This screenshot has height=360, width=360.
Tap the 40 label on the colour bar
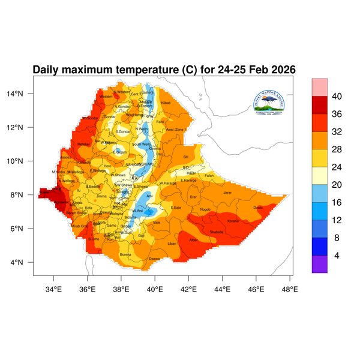coord(337,97)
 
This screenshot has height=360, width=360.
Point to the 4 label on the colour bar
coord(337,256)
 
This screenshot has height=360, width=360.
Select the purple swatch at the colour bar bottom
coord(319,265)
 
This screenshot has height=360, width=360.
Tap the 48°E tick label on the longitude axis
coord(290,290)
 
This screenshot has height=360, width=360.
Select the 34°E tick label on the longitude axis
coord(54,290)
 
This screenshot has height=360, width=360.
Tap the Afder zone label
coord(193,240)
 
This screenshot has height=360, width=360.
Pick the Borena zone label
coord(125,254)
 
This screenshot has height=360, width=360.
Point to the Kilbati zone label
coord(166,104)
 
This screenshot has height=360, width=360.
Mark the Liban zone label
coord(172,244)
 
